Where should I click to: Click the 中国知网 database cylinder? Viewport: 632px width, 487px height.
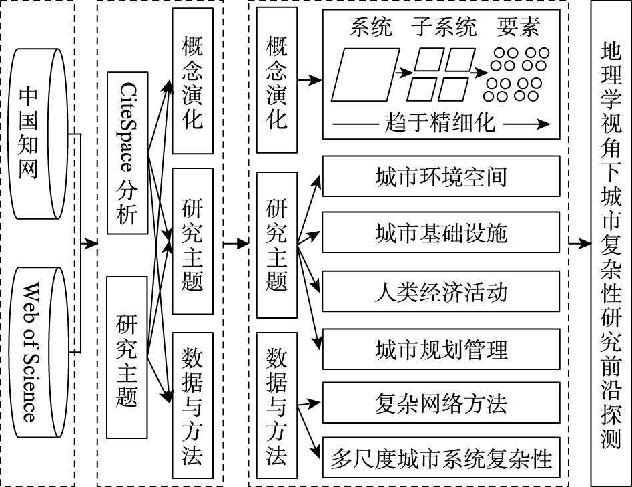tap(38, 134)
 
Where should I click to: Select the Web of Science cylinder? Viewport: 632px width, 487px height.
tap(38, 352)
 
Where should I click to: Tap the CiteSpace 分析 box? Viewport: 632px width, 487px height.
tap(127, 153)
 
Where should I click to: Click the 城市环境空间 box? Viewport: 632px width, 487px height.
tap(441, 176)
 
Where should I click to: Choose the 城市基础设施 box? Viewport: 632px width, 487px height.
tap(441, 232)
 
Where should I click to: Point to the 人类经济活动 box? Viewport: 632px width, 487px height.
tap(441, 291)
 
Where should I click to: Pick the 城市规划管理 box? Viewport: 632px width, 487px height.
tap(441, 349)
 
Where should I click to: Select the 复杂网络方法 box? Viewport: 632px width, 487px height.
tap(441, 403)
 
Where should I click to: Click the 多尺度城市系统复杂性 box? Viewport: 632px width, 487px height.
tap(441, 458)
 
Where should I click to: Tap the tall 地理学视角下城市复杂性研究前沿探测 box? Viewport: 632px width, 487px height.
tap(611, 243)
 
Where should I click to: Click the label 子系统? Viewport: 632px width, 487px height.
tap(444, 27)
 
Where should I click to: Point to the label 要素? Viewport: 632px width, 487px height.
tap(518, 27)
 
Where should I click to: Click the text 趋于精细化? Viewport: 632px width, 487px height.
tap(440, 122)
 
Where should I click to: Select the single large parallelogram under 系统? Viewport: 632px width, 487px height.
tap(365, 75)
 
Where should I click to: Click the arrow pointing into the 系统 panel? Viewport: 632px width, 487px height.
tap(310, 80)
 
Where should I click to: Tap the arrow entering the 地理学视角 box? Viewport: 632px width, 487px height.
tap(579, 243)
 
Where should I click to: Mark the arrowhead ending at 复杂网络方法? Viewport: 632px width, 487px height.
tap(316, 402)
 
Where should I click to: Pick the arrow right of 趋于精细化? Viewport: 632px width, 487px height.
tap(527, 124)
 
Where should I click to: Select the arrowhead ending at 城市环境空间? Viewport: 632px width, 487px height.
tap(317, 182)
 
